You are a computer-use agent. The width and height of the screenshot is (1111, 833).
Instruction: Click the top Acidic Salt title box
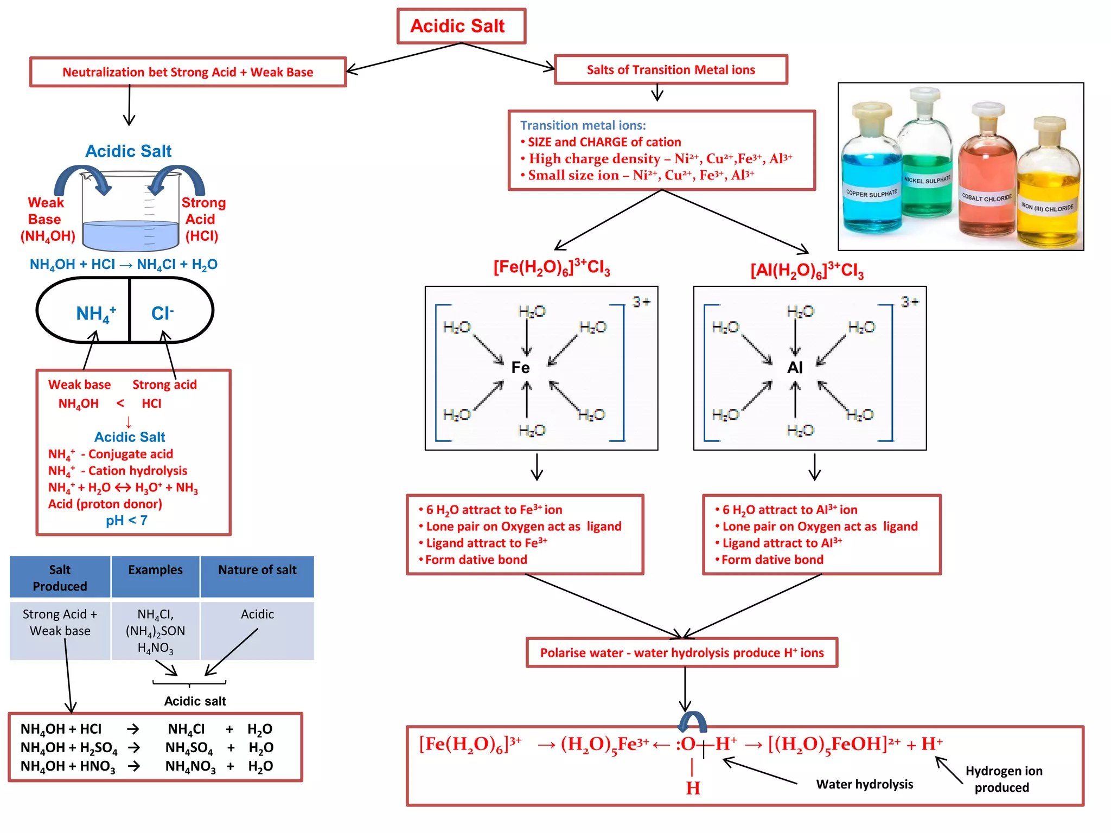coord(461,26)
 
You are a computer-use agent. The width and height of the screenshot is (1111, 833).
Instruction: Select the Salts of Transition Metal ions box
coord(671,70)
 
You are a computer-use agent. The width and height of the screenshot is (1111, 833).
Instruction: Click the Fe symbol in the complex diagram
coord(520,368)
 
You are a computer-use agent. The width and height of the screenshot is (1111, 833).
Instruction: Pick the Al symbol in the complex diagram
coord(795,368)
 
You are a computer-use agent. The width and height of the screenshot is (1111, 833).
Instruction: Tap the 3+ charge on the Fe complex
coord(641,302)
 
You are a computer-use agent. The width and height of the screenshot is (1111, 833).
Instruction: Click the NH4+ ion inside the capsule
coord(95,313)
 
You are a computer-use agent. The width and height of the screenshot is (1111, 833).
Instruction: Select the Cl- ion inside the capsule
coord(162,313)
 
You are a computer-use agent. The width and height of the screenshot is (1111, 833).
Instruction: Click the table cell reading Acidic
coord(257,614)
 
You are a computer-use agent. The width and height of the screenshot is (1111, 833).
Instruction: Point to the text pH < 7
coord(126,521)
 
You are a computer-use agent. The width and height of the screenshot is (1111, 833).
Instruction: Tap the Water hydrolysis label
coord(864,784)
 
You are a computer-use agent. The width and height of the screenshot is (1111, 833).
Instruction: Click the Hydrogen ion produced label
coord(1003,779)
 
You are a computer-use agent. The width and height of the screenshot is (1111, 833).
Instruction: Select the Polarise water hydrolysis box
coord(682,652)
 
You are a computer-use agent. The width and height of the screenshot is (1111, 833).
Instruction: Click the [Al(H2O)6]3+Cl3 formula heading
coord(807,270)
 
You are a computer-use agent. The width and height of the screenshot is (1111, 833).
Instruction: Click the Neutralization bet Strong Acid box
coord(188,72)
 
